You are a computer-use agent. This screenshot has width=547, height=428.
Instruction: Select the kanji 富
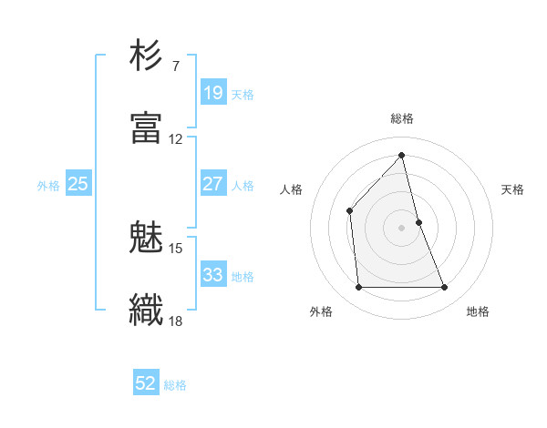[x=147, y=127]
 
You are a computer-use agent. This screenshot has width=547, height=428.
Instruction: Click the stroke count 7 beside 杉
[x=176, y=66]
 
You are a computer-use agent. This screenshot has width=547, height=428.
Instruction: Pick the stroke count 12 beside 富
[x=176, y=139]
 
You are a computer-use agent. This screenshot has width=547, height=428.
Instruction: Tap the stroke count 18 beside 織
[x=176, y=320]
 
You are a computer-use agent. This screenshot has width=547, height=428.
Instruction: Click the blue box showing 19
[x=212, y=92]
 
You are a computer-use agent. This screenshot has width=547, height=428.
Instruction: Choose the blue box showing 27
[x=212, y=184]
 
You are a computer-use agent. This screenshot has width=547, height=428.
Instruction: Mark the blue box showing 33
[x=212, y=274]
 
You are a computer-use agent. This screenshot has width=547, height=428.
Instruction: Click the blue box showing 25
[x=77, y=184]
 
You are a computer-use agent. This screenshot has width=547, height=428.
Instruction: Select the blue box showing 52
[x=146, y=383]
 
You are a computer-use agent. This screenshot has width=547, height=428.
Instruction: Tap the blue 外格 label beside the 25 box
[x=48, y=186]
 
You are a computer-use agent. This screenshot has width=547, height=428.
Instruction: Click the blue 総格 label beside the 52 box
[x=175, y=385]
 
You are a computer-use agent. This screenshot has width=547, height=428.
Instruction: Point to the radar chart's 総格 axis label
[x=401, y=118]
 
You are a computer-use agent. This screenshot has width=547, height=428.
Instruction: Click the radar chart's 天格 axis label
[x=513, y=189]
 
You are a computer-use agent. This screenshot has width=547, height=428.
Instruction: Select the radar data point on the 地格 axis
[x=445, y=288]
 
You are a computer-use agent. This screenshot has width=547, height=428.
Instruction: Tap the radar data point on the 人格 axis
[x=350, y=210]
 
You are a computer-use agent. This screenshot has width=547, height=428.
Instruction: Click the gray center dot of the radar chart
[x=401, y=227]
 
